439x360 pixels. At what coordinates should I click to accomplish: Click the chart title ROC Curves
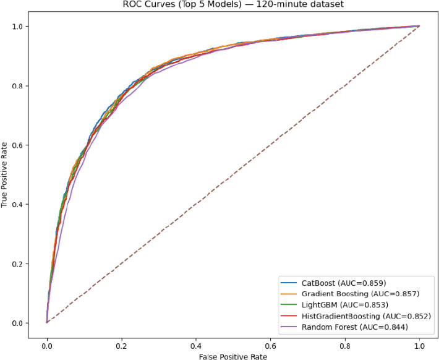233,5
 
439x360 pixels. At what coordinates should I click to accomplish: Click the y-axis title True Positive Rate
7,174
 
